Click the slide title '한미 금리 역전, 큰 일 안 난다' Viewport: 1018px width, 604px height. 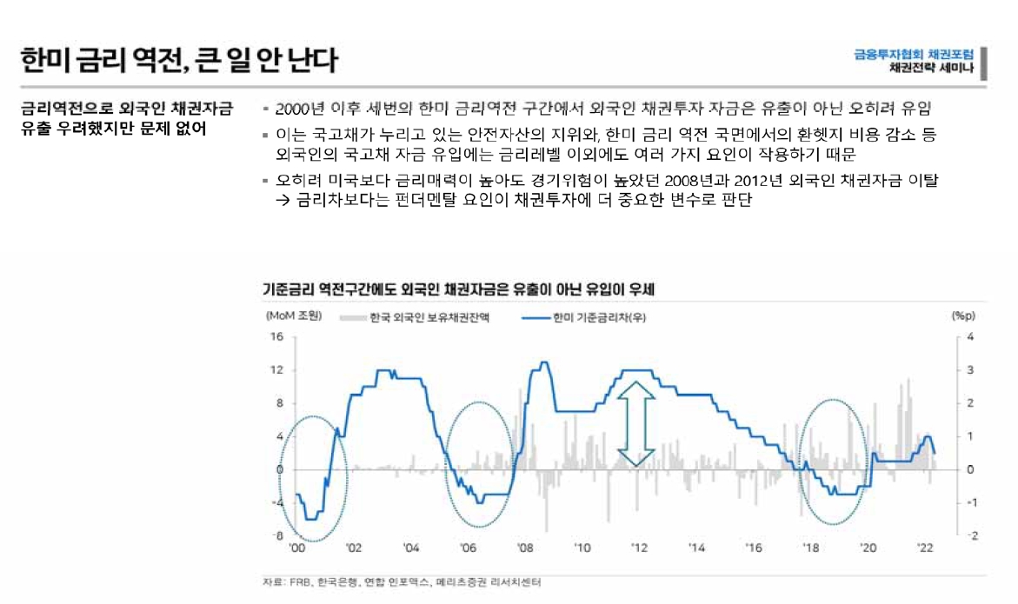pyautogui.click(x=178, y=60)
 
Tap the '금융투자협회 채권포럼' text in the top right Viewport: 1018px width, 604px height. pyautogui.click(x=914, y=53)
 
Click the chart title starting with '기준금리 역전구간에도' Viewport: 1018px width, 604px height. pyautogui.click(x=458, y=288)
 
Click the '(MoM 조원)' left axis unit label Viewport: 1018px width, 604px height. pyautogui.click(x=293, y=316)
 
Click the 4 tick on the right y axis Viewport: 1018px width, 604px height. pyautogui.click(x=971, y=337)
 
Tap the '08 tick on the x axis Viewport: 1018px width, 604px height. pyautogui.click(x=525, y=548)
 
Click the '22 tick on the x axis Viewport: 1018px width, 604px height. pyautogui.click(x=927, y=548)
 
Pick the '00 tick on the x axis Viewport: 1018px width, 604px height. pyautogui.click(x=296, y=548)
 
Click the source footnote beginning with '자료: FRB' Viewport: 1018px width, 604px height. pyautogui.click(x=401, y=583)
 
